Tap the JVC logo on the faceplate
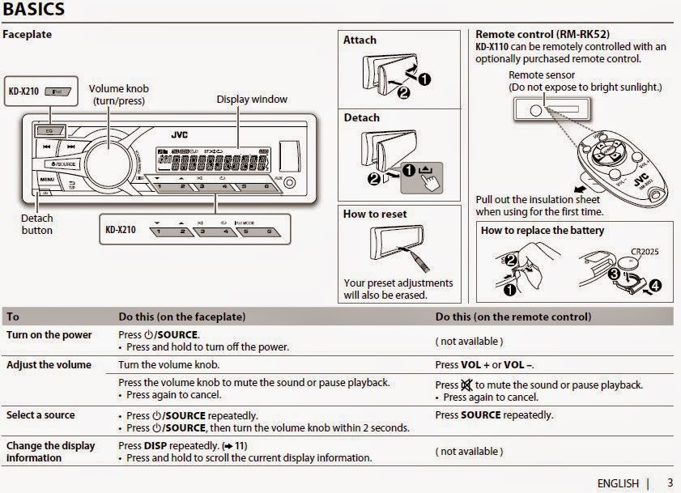179,134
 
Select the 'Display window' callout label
251,100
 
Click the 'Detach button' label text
36,224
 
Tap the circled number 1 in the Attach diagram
423,79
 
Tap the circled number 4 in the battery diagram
654,285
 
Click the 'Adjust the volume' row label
49,365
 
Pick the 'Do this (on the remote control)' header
513,317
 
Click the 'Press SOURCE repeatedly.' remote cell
494,415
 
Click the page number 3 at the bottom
670,482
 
